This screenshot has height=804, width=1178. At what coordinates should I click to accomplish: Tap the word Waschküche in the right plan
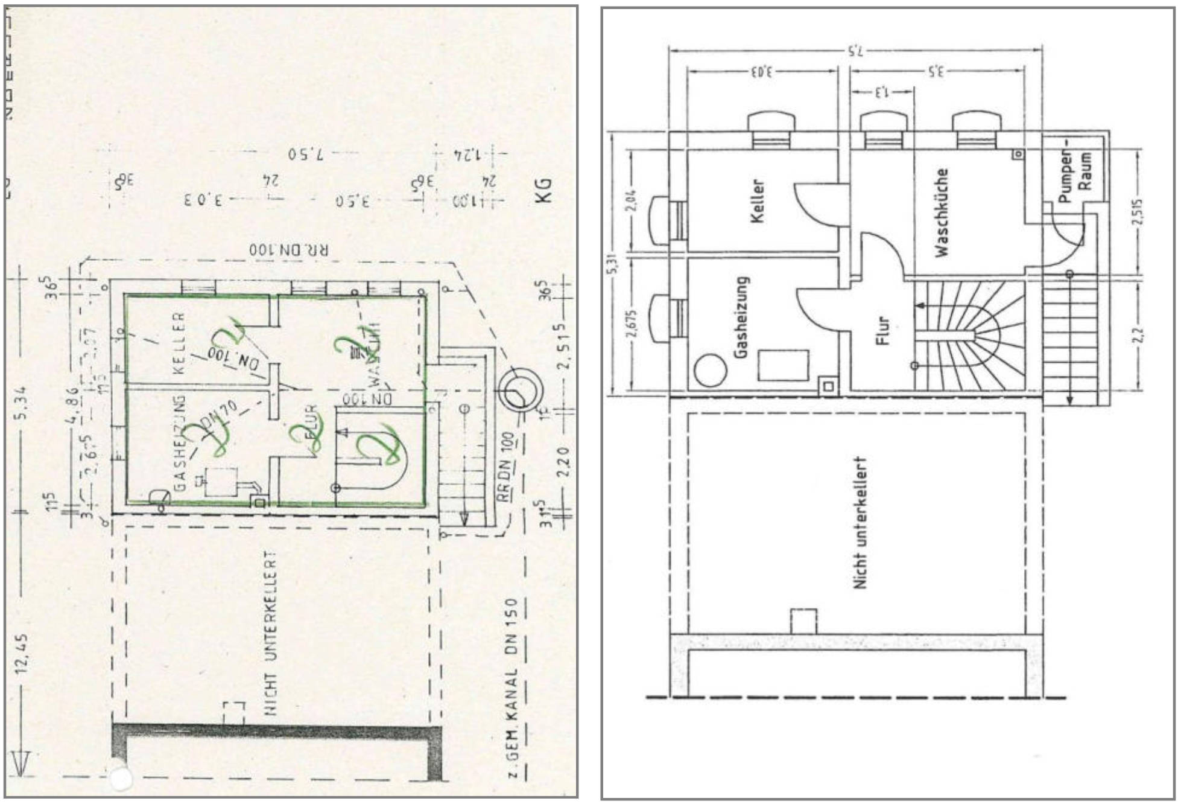click(942, 212)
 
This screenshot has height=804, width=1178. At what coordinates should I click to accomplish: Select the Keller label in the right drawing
click(757, 200)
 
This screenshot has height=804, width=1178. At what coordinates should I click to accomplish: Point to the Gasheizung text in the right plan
click(741, 317)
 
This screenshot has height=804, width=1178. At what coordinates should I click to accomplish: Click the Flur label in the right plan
click(882, 330)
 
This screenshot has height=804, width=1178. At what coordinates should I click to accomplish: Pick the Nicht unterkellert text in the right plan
click(860, 523)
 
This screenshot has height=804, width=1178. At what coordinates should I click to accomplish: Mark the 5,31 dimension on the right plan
click(612, 264)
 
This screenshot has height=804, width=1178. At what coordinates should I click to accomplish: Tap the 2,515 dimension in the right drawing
click(1137, 211)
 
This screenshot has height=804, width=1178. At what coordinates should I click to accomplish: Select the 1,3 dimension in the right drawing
click(881, 92)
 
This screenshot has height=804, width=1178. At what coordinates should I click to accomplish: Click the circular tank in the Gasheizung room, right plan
click(710, 369)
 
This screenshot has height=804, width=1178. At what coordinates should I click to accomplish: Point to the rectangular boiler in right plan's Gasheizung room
click(783, 365)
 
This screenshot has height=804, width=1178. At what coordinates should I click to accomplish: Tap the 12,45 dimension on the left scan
click(22, 653)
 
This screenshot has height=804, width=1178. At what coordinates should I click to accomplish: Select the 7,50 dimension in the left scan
click(305, 154)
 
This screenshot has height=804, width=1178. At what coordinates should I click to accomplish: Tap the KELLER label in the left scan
click(179, 343)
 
